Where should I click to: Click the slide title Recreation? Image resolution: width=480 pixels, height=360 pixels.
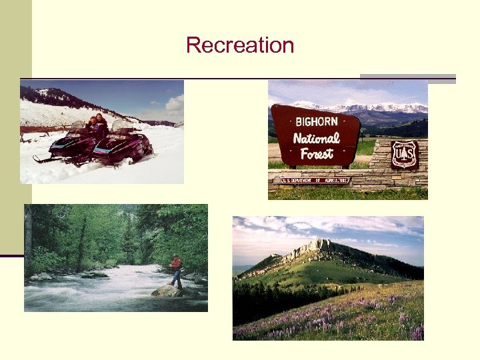240,45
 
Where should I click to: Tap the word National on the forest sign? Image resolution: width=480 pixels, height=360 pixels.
316,139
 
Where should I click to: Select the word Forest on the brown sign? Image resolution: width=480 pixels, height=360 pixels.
316,154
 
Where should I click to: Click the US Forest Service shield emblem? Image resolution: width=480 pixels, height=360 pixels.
404,154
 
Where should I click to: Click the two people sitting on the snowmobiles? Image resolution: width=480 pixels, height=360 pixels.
97,125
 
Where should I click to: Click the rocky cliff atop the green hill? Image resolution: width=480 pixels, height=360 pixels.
313,250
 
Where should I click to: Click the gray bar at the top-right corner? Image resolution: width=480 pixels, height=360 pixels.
407,77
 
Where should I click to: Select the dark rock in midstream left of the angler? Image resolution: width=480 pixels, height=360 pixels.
93,274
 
